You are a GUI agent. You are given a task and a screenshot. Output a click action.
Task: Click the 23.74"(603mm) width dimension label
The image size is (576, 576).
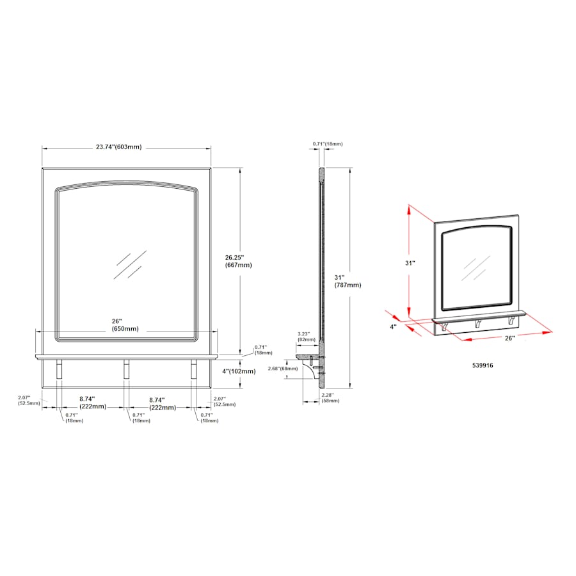point(118,147)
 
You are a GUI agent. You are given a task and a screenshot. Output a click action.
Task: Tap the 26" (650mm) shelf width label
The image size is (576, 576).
point(125,324)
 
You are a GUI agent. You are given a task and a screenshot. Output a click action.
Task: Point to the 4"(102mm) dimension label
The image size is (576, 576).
point(239,371)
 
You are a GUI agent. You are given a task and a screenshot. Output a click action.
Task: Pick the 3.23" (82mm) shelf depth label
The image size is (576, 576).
point(307,337)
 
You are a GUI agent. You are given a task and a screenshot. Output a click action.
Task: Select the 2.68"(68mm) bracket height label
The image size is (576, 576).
point(282,368)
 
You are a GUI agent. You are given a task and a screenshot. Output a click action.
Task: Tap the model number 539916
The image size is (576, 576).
point(484,365)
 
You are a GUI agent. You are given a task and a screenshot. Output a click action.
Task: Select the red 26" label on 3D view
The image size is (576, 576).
point(509,337)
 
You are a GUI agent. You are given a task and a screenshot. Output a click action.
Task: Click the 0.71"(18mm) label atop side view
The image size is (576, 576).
point(328,144)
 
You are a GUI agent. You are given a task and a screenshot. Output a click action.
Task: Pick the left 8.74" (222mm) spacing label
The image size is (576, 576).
point(92,403)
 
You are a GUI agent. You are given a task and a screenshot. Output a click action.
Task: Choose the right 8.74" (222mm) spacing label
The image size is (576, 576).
point(162,403)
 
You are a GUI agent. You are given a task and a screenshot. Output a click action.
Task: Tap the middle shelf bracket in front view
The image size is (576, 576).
point(126,369)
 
